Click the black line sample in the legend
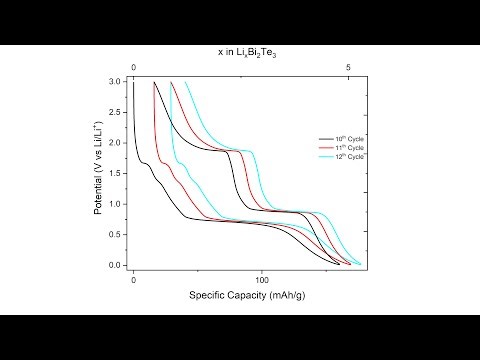(x=324, y=138)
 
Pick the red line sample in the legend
(x=324, y=148)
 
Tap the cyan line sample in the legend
(x=324, y=158)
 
